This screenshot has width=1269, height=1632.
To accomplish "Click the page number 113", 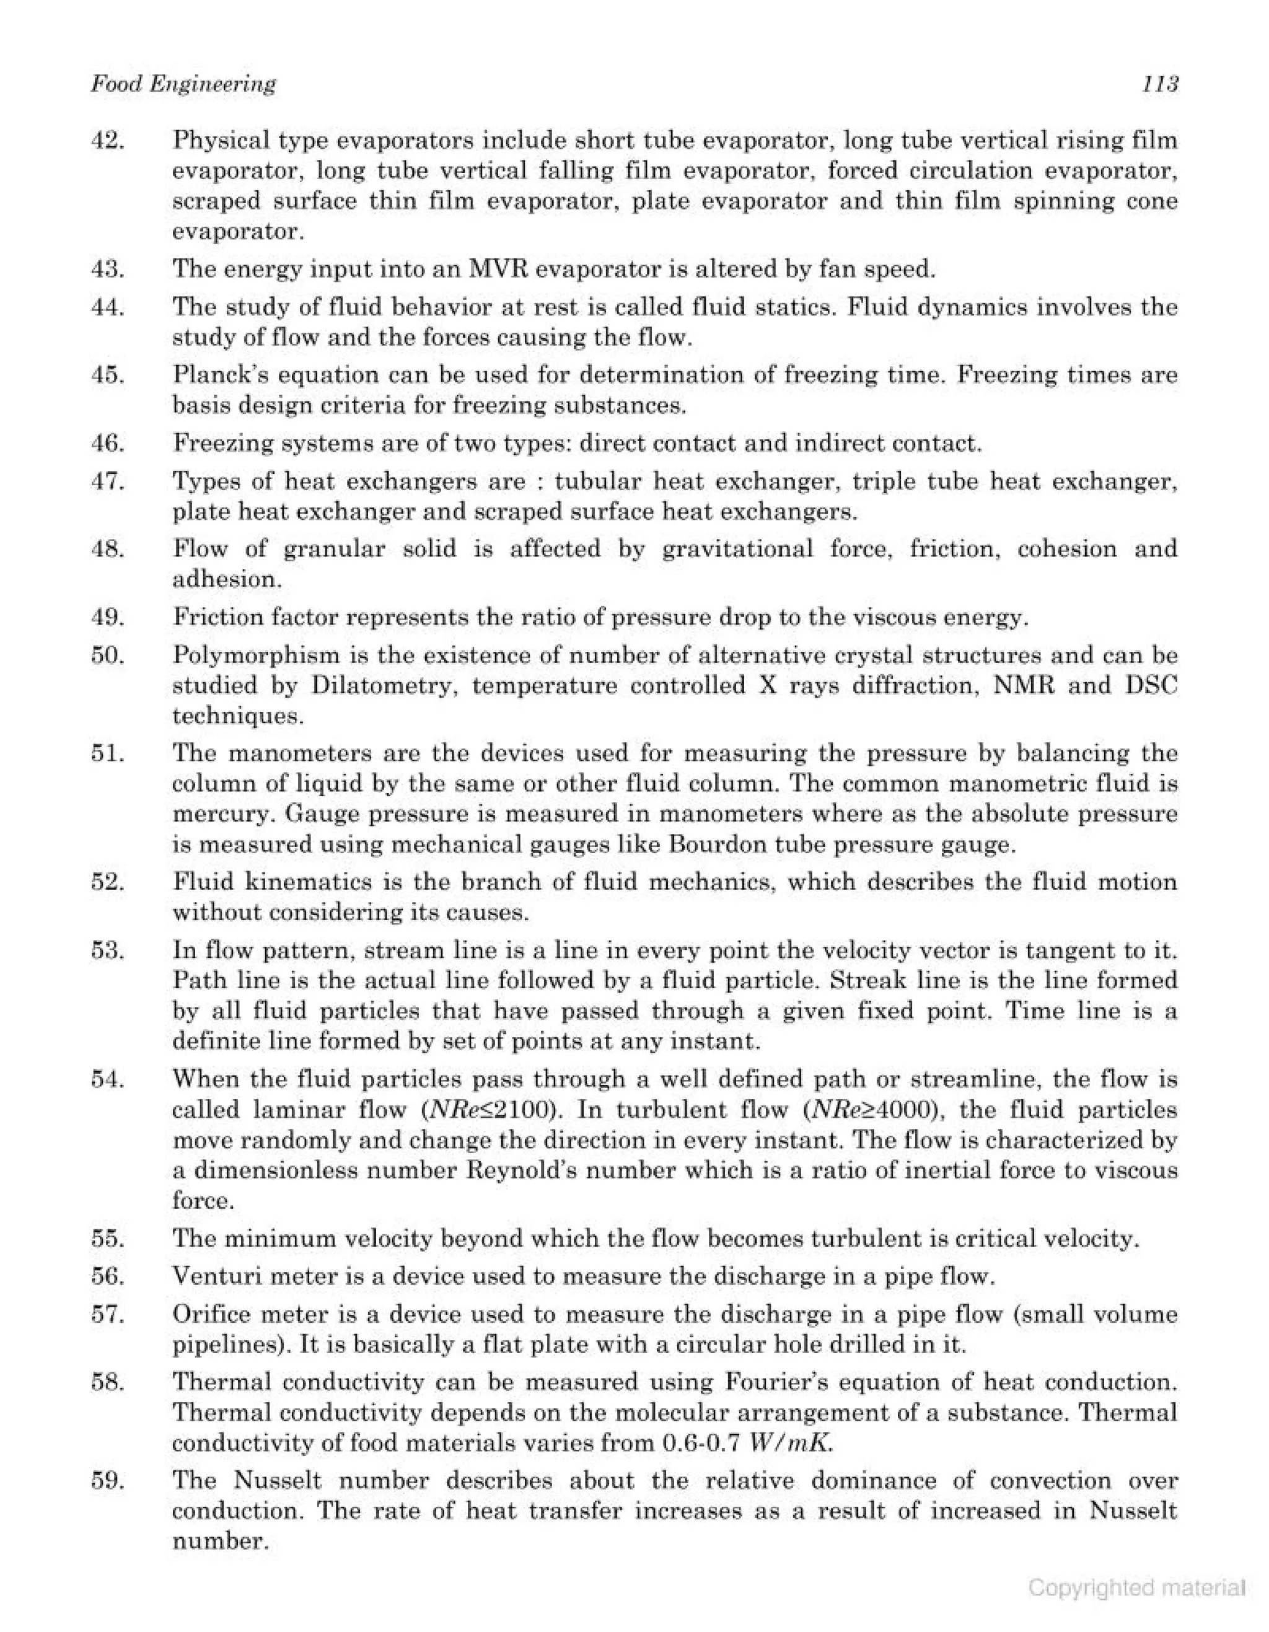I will tap(1159, 84).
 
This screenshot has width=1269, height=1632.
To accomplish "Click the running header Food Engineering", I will tap(183, 84).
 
